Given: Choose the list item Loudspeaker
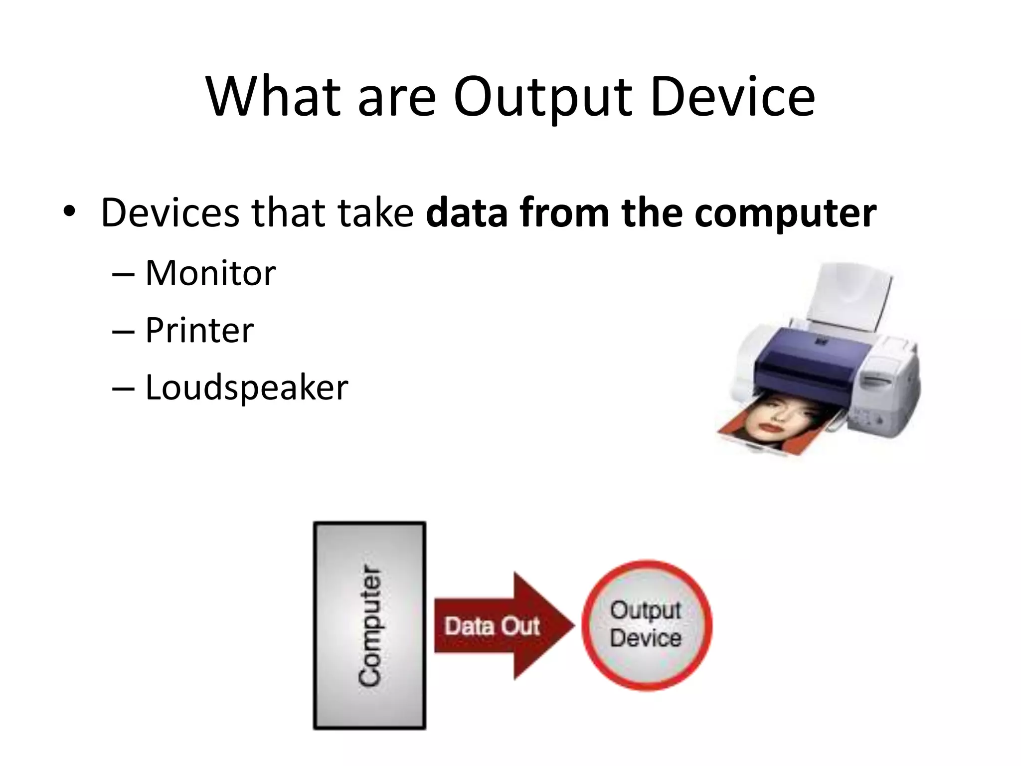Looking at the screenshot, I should tap(246, 387).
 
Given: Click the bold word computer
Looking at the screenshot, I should tap(785, 213).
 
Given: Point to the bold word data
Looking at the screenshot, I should tap(467, 213).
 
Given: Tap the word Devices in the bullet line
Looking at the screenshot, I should tap(170, 213).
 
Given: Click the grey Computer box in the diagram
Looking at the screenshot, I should tap(369, 625).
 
